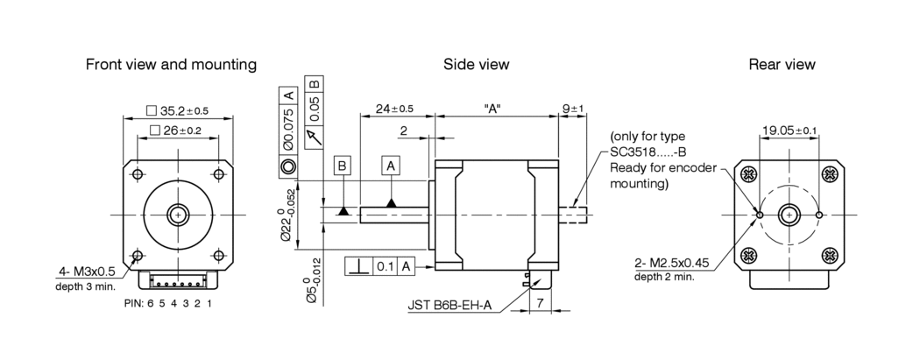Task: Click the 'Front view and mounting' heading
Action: [171, 65]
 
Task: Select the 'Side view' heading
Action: [476, 65]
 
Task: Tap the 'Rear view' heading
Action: [782, 65]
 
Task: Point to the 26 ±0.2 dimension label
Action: [179, 131]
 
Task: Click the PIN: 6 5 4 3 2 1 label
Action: [167, 303]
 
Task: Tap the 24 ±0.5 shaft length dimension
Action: [393, 109]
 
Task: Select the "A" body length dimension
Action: [492, 109]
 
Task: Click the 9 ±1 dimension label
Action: [573, 109]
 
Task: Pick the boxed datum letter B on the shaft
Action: [343, 166]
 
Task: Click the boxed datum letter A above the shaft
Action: [391, 166]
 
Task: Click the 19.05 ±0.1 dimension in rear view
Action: [789, 131]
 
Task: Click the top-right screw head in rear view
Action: [829, 173]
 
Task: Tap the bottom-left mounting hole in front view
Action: [136, 256]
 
